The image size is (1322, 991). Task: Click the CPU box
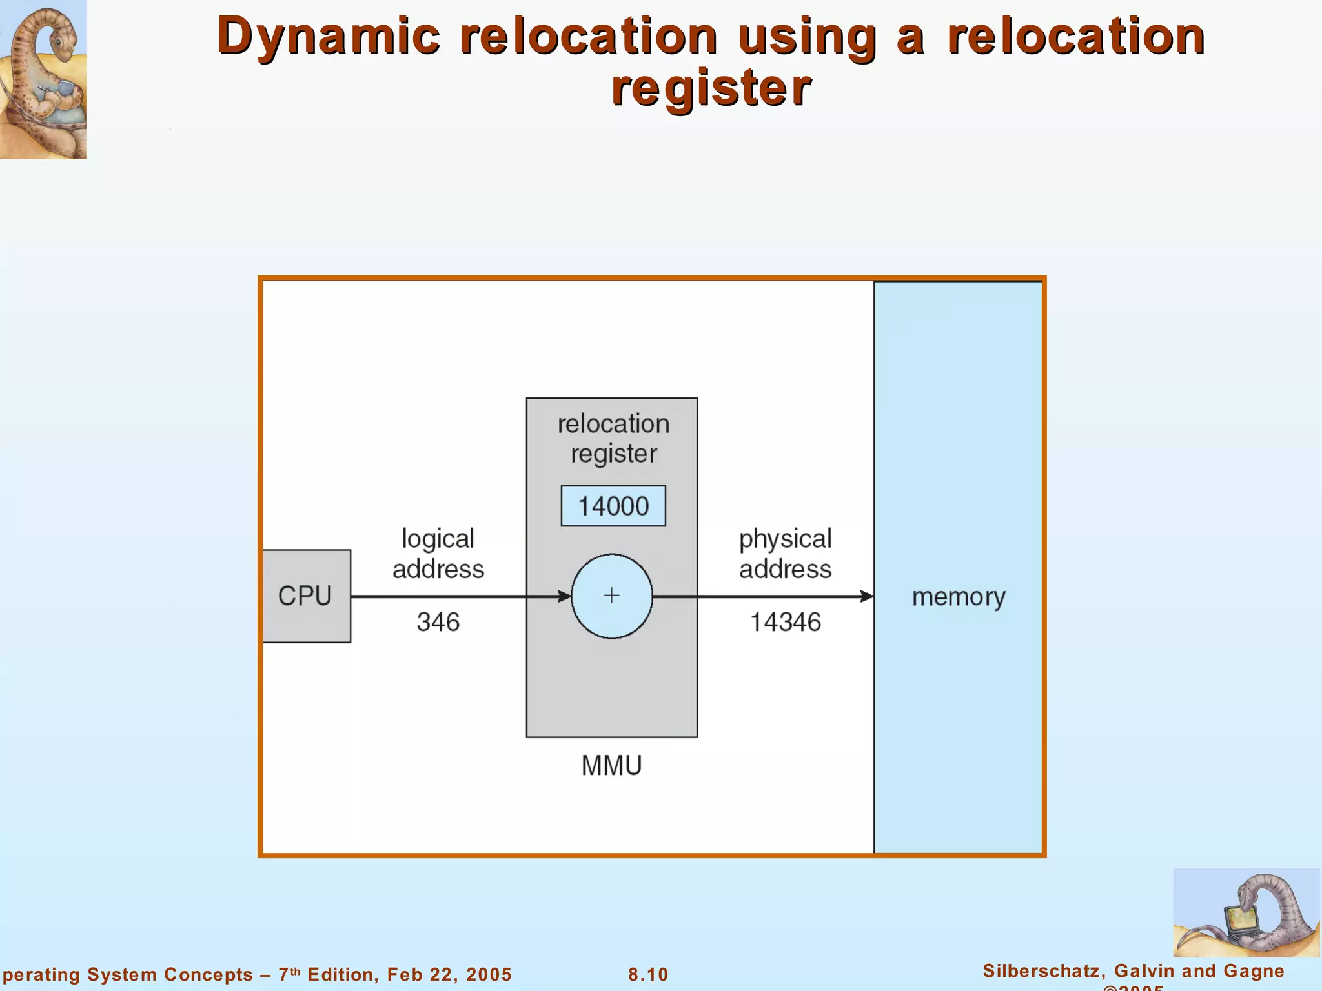[x=306, y=596]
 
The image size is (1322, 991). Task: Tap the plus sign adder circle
[x=611, y=596]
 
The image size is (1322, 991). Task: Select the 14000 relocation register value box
[x=613, y=506]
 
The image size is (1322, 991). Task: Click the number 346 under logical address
[x=438, y=622]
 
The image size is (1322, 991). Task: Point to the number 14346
[x=785, y=622]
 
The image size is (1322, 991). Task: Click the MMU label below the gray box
[x=611, y=766]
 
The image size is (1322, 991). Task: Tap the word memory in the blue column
[x=959, y=597]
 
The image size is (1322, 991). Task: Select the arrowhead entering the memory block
[x=867, y=596]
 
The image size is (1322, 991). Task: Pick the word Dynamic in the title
[x=329, y=36]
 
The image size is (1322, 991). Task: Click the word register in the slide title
[x=711, y=88]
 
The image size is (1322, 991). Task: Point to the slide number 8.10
[x=648, y=974]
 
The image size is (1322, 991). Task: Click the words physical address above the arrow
[x=785, y=554]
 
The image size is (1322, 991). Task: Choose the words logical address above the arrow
[x=438, y=554]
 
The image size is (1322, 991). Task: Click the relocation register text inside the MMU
[x=613, y=438]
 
